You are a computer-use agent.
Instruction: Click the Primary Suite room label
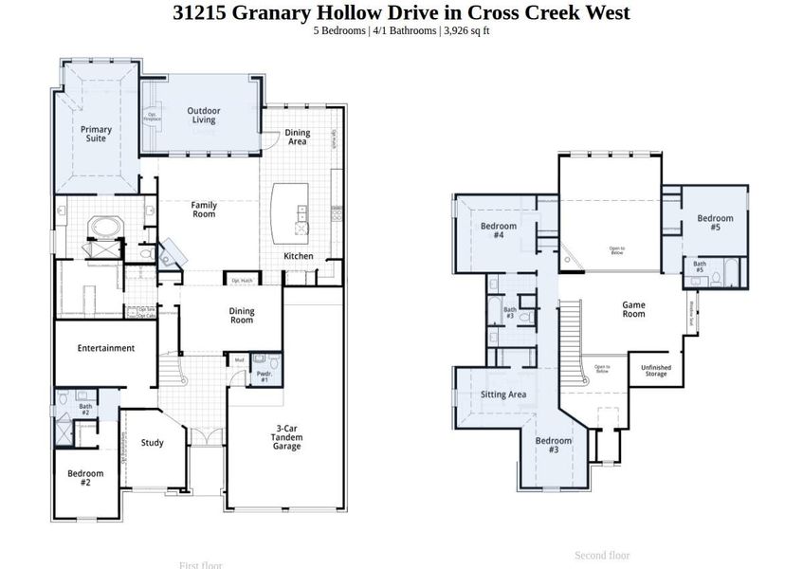(x=96, y=134)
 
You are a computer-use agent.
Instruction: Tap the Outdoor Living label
(x=202, y=115)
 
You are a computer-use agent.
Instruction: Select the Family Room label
(x=204, y=210)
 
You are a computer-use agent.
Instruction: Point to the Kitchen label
(x=299, y=256)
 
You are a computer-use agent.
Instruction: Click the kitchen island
(x=290, y=213)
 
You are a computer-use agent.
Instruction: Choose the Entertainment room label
(x=106, y=348)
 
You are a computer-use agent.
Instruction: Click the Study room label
(x=153, y=443)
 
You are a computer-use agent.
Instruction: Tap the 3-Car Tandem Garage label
(x=287, y=437)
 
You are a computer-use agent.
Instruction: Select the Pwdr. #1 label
(x=264, y=376)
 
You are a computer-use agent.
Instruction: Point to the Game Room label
(x=633, y=309)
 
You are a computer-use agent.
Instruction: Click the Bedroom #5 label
(x=715, y=223)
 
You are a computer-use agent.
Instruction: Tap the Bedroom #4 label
(x=498, y=230)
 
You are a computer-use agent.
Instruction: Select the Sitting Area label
(x=503, y=395)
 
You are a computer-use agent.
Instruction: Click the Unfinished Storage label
(x=655, y=371)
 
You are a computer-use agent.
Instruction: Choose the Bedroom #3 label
(x=554, y=446)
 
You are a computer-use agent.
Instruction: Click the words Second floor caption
(x=602, y=556)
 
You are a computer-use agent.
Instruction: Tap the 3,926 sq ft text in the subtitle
(x=465, y=30)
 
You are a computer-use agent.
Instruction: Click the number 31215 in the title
(x=202, y=12)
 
